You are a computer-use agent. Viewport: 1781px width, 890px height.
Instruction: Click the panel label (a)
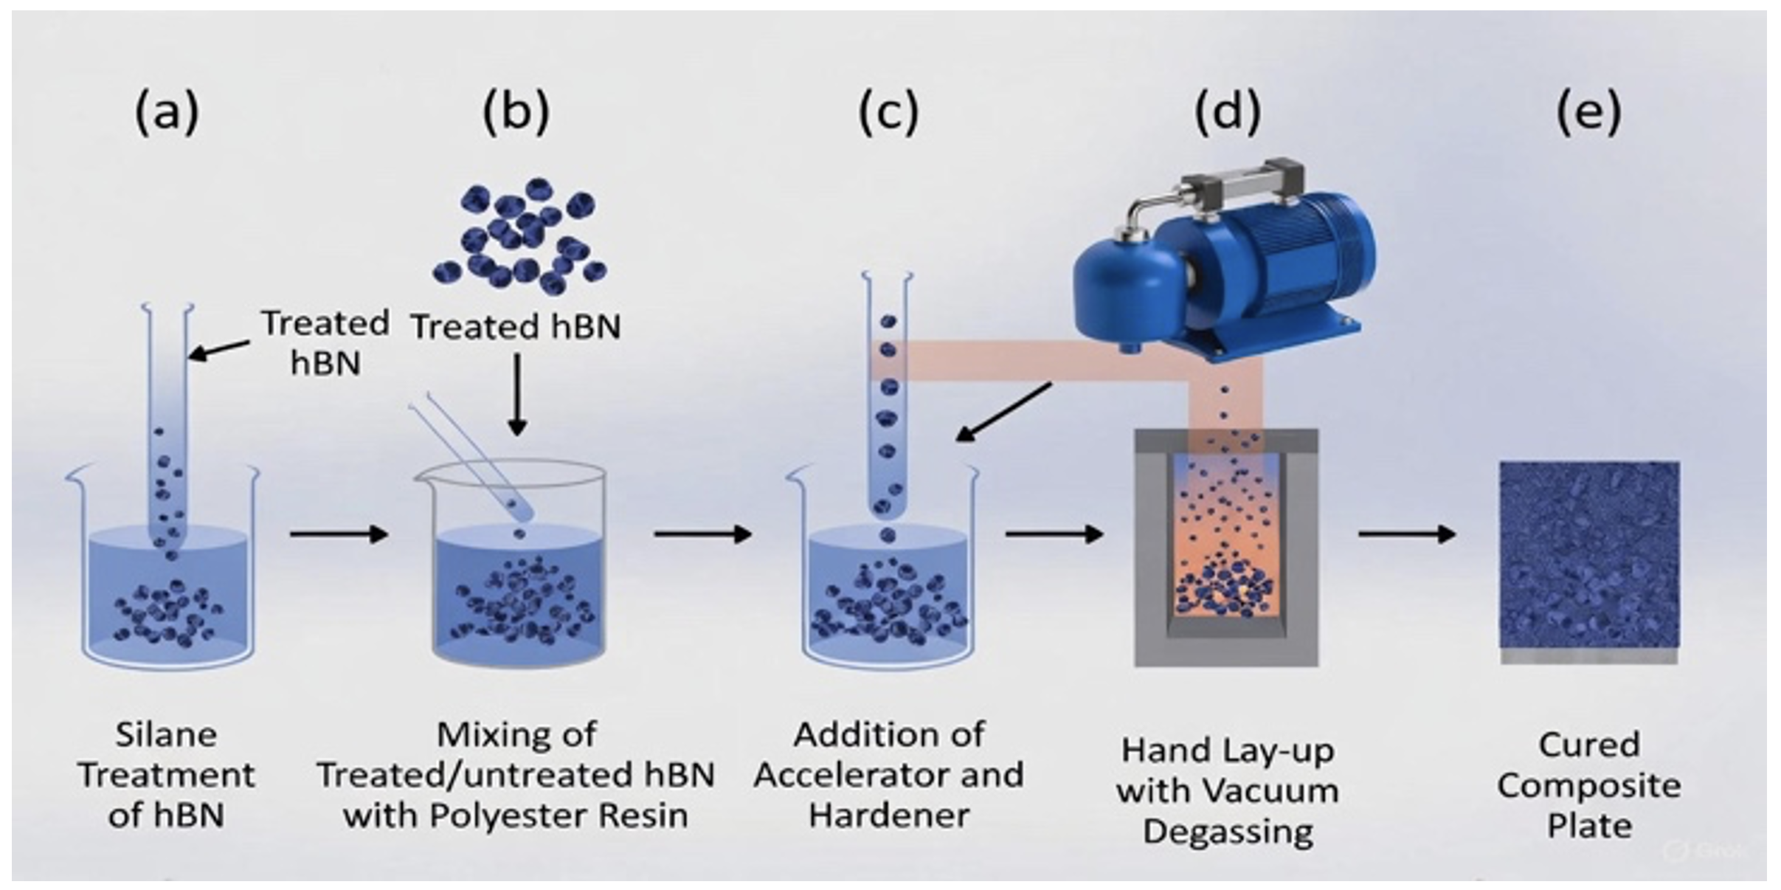click(167, 112)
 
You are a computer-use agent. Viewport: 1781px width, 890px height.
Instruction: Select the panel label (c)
click(888, 112)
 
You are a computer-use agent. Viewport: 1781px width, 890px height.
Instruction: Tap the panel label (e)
click(1588, 112)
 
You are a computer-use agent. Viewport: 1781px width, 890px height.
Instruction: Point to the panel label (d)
click(1228, 112)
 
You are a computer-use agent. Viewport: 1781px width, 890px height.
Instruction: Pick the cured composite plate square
click(1590, 555)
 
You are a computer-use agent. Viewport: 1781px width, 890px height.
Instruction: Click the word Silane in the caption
click(166, 735)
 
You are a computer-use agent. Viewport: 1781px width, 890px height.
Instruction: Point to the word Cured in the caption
click(1588, 745)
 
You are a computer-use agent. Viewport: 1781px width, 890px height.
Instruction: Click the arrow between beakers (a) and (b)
click(339, 534)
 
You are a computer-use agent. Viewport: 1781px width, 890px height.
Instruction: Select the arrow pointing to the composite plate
click(1406, 534)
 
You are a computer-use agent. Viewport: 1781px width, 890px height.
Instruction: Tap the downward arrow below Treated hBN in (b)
click(518, 395)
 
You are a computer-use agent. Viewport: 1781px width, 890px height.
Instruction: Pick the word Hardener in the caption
click(889, 815)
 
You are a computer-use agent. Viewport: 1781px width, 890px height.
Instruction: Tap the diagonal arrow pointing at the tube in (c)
click(1004, 412)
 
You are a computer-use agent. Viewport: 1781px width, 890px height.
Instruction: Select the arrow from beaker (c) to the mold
click(1054, 534)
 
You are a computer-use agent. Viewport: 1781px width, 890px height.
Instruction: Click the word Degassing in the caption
click(1228, 832)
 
